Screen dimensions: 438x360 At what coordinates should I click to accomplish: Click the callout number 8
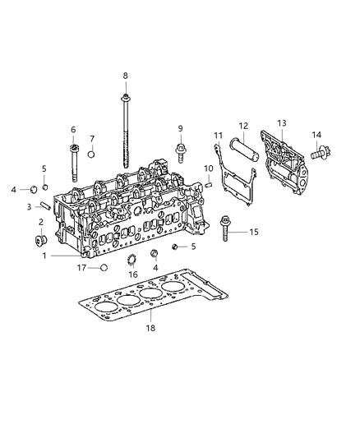(x=125, y=76)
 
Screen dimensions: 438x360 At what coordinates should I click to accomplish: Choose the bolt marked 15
(x=227, y=233)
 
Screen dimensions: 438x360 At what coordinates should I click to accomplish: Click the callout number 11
(x=218, y=135)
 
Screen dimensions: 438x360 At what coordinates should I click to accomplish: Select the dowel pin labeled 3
(x=46, y=206)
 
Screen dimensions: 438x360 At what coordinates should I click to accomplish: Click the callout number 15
(x=254, y=233)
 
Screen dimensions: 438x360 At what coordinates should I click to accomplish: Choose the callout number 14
(x=317, y=134)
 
